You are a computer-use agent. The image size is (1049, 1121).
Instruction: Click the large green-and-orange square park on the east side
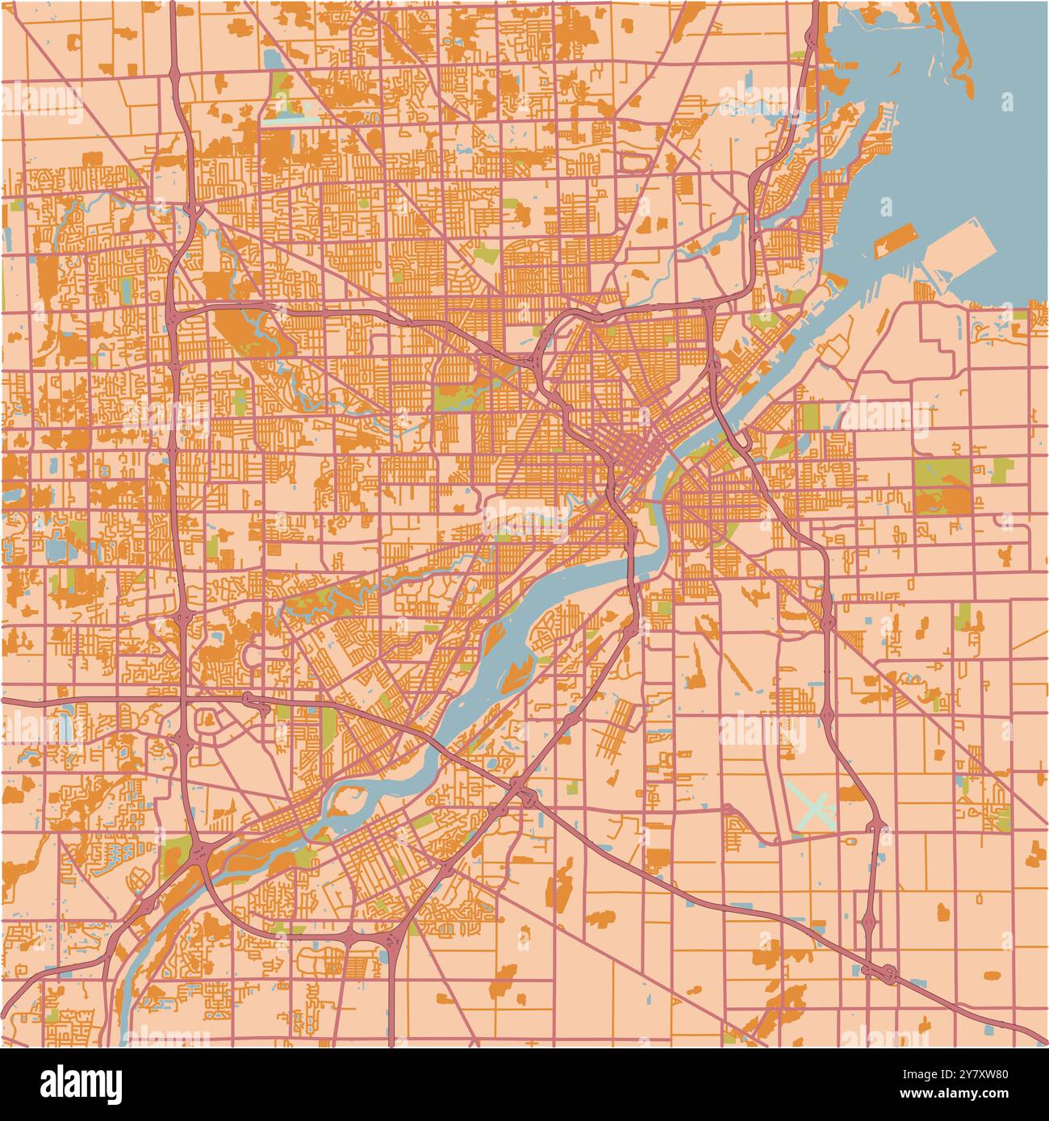pos(942,487)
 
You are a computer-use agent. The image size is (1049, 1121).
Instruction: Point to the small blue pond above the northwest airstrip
pos(272,59)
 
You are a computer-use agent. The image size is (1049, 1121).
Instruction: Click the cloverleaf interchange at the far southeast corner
pos(888,973)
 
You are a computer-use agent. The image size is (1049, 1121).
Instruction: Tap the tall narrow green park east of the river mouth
pos(809,418)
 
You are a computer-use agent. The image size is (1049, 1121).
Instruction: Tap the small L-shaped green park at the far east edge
pos(1001,468)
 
